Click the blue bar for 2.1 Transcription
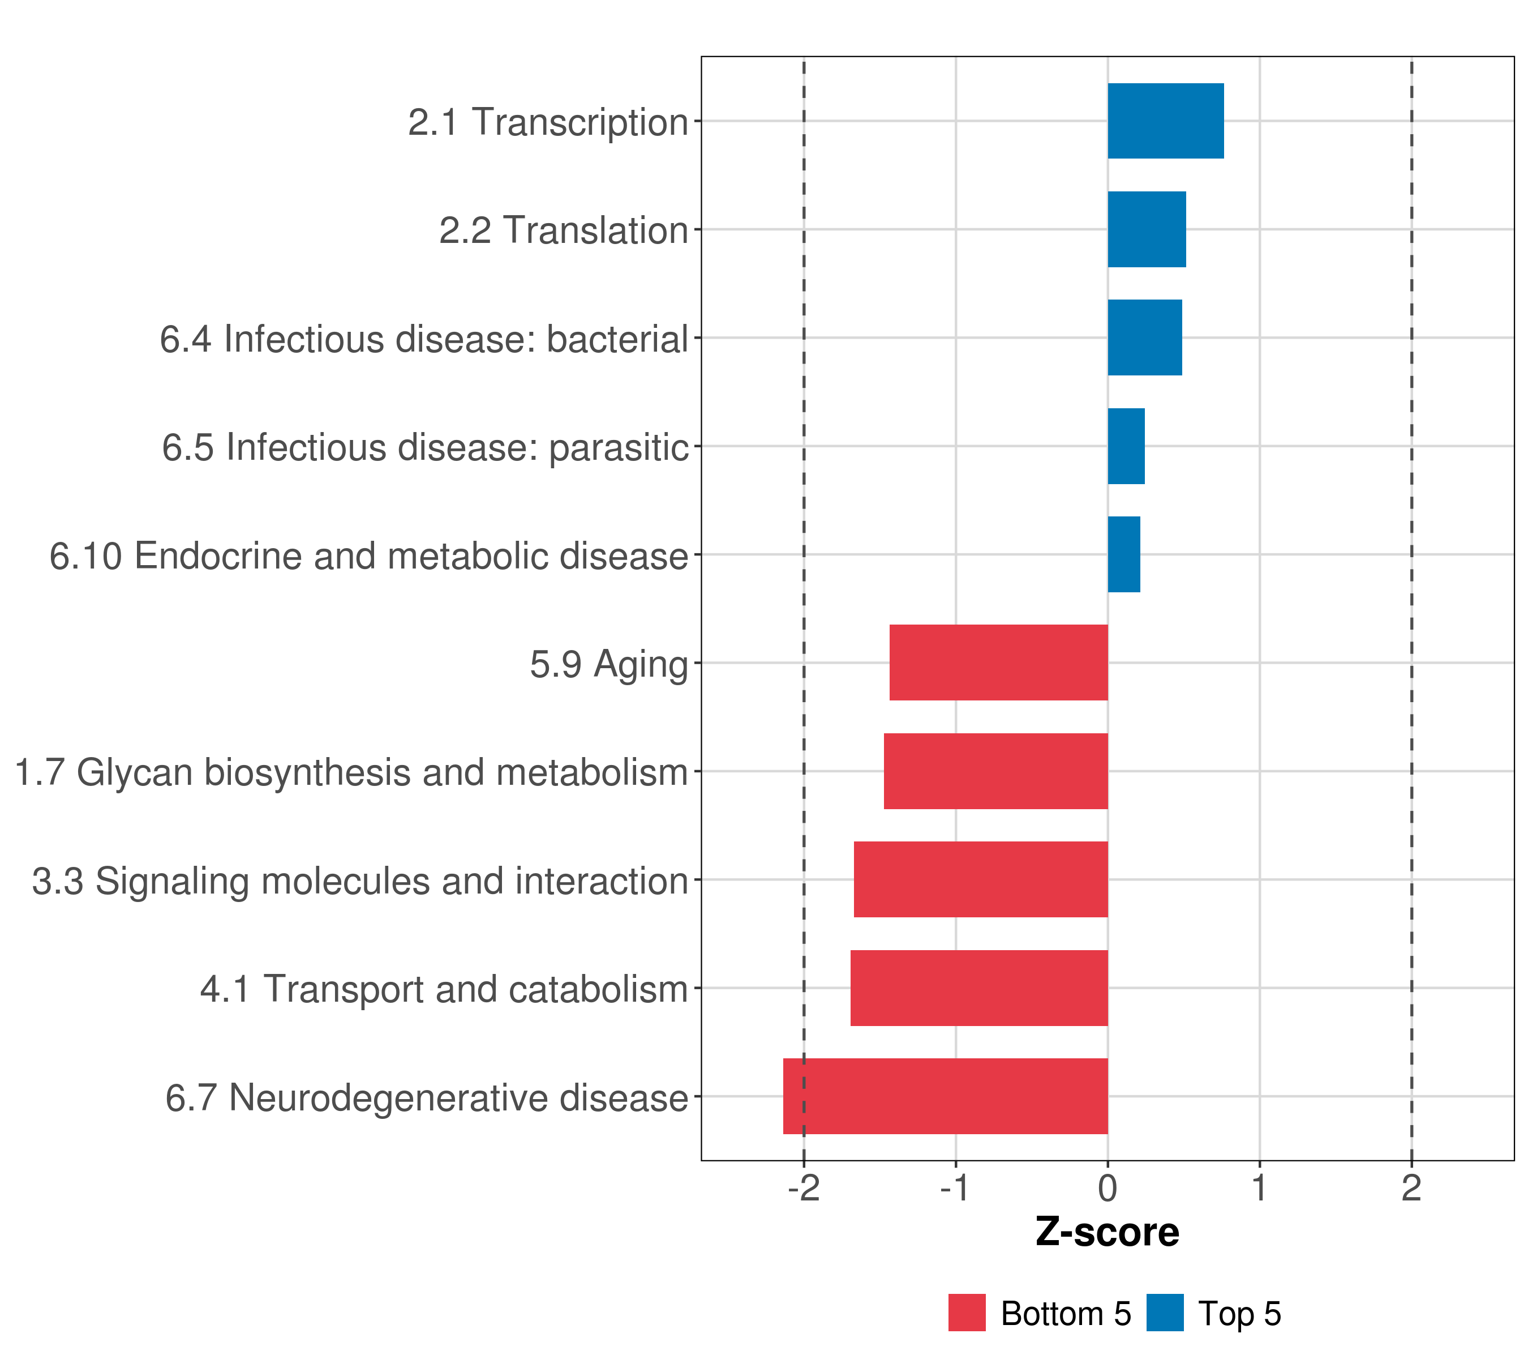click(x=1165, y=121)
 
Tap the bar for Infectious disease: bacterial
click(x=1144, y=337)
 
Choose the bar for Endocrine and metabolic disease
click(x=1123, y=554)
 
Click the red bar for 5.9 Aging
click(x=999, y=663)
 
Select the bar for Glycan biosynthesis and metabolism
click(x=995, y=771)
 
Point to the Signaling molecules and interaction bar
click(x=981, y=879)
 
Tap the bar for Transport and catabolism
click(x=979, y=988)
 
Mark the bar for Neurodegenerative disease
click(x=946, y=1096)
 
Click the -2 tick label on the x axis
click(x=804, y=1189)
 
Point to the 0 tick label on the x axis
click(x=1108, y=1189)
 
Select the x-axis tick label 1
click(x=1260, y=1189)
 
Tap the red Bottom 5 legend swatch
click(x=967, y=1313)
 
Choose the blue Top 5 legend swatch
click(x=1165, y=1313)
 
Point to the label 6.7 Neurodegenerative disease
click(x=426, y=1099)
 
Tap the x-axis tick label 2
click(x=1411, y=1189)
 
